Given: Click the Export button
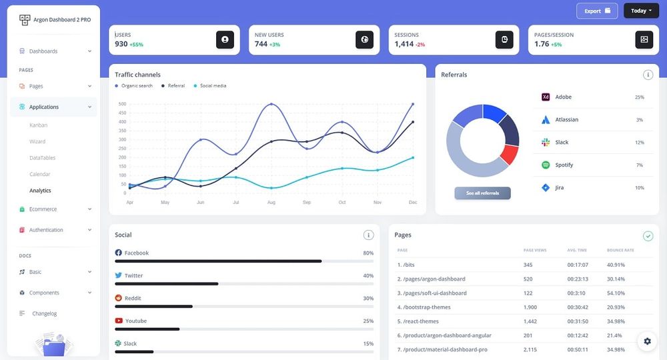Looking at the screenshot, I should [x=597, y=11].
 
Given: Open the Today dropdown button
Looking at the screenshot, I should [x=641, y=11].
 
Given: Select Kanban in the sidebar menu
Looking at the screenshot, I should [x=38, y=125].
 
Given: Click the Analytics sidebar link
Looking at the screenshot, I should [x=40, y=191].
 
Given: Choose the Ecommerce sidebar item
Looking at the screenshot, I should [x=43, y=209].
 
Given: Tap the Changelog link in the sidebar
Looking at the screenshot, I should [x=44, y=313].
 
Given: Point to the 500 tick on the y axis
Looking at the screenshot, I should [x=122, y=104].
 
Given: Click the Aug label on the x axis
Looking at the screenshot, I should [x=271, y=202].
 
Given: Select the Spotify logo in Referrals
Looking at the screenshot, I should [x=545, y=165].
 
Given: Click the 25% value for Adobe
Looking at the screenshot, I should [x=639, y=97].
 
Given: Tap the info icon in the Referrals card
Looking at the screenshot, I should [x=648, y=75].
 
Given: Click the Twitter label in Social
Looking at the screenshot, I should [x=133, y=275].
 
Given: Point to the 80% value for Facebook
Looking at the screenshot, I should [x=368, y=253].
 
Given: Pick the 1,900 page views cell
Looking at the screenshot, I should [x=530, y=307].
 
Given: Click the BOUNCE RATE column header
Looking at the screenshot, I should [x=620, y=250].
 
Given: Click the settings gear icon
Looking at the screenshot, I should [x=647, y=341].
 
